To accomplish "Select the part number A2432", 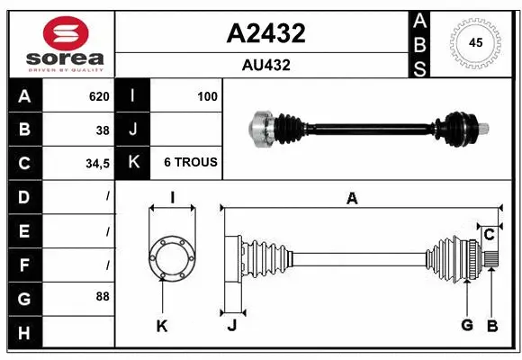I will (265, 33).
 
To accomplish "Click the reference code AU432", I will (265, 65).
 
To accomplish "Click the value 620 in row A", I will (98, 96).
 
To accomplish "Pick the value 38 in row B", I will (103, 130).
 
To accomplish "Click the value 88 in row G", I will (103, 295).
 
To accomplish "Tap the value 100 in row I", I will (206, 96).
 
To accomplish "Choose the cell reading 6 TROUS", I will (190, 163).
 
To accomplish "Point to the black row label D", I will (23, 196).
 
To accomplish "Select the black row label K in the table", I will (133, 163).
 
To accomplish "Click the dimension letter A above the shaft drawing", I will (352, 199).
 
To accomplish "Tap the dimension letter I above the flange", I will (171, 198).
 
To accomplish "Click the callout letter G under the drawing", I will (467, 325).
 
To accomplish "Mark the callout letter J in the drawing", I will (231, 326).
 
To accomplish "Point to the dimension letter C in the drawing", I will (489, 235).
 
